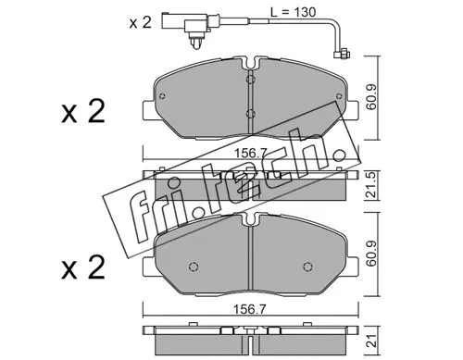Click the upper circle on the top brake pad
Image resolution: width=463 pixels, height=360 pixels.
click(x=250, y=80)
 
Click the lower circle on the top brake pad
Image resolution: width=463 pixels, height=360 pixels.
click(x=250, y=115)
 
